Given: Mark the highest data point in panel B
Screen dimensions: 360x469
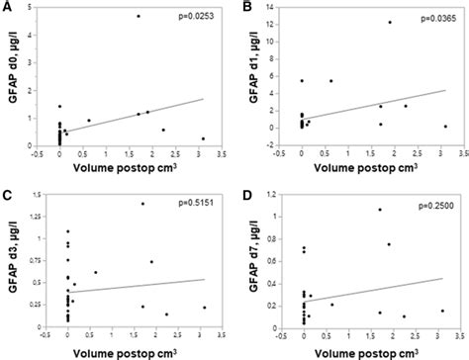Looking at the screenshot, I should pos(389,22).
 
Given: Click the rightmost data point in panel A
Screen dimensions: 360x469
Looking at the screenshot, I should pos(203,138).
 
